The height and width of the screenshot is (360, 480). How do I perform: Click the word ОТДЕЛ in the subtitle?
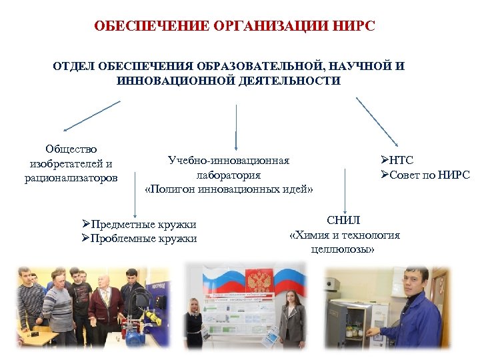[x=74, y=67]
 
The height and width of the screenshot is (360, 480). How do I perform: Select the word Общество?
[x=71, y=149]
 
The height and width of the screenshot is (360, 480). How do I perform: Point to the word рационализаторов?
[x=71, y=178]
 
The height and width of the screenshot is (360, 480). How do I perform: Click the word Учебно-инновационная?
[x=229, y=161]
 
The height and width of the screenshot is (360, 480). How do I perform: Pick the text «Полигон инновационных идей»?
[x=229, y=189]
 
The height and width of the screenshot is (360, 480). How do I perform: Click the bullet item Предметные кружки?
[x=143, y=225]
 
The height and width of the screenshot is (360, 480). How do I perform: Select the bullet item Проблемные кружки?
[x=143, y=239]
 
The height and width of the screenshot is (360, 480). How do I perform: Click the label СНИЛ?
[x=343, y=220]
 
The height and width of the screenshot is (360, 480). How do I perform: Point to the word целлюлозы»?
[x=343, y=249]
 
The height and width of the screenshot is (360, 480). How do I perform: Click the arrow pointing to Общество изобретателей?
[x=92, y=115]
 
